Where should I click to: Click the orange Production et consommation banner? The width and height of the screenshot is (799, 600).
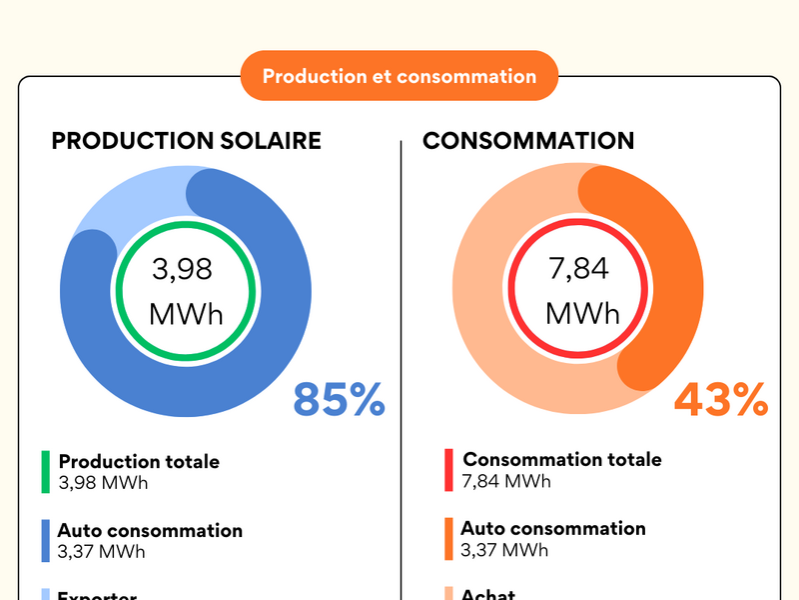399,76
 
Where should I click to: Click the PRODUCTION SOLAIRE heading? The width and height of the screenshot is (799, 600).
186,141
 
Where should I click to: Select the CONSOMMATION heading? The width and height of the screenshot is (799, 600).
527,141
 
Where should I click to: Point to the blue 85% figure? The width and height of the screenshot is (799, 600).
339,400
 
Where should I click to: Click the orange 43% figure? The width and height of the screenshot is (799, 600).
720,400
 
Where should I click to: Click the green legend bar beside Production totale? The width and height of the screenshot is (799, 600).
45,472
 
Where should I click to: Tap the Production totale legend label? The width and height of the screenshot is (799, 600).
139,462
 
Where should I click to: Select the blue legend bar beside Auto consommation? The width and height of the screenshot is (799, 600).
45,540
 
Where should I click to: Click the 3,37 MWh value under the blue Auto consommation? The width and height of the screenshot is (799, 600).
101,551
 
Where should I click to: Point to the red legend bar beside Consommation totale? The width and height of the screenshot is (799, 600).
449,470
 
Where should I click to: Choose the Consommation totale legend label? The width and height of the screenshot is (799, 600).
561,460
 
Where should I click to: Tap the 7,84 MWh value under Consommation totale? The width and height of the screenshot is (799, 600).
505,481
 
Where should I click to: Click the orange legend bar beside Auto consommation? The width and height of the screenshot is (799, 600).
449,538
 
